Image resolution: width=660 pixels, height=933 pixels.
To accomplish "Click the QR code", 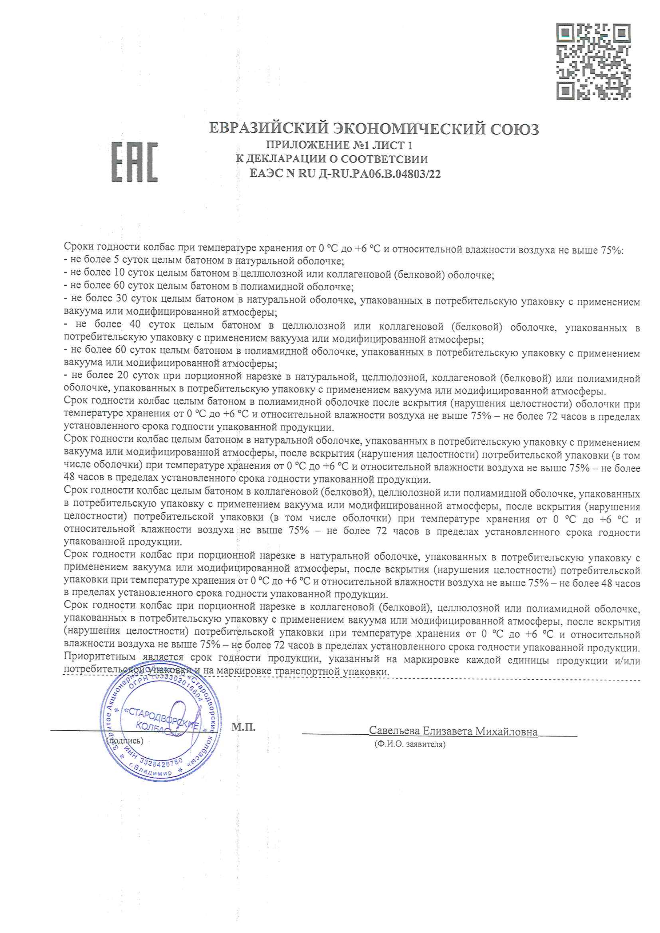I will [593, 62].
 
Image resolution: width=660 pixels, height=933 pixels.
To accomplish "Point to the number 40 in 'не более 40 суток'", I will [136, 325].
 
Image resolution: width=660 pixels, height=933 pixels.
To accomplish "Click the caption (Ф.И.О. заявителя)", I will [409, 744].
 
